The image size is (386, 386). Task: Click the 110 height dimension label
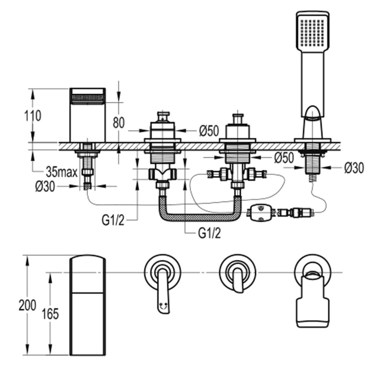click(x=33, y=116)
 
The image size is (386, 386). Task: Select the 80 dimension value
click(x=119, y=123)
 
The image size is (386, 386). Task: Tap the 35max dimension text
click(x=62, y=172)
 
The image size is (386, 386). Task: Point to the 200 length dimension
click(x=27, y=305)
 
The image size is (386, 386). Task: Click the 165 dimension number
click(x=50, y=313)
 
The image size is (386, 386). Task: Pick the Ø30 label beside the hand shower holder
click(x=354, y=168)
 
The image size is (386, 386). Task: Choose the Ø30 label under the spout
click(x=45, y=186)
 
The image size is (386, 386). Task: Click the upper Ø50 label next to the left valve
click(x=209, y=131)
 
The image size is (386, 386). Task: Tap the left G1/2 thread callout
click(x=113, y=220)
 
